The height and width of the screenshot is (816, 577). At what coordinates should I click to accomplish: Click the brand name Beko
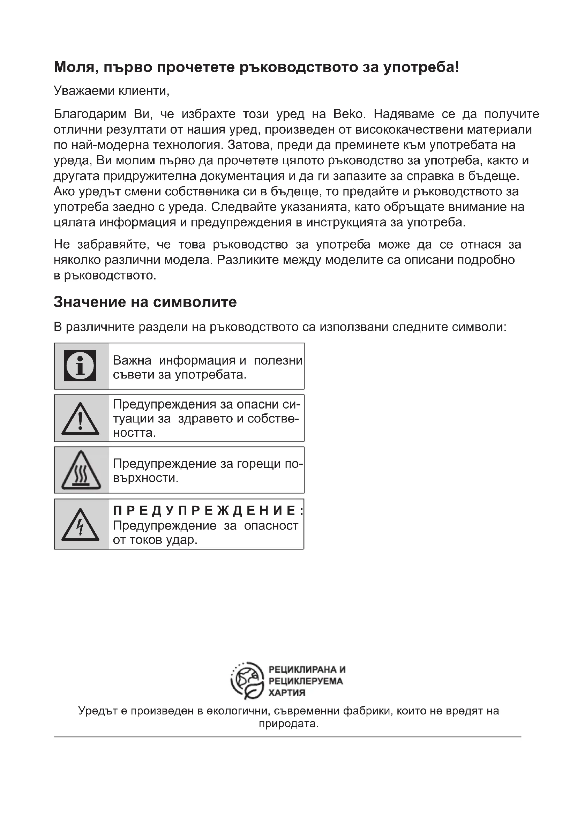[x=349, y=114]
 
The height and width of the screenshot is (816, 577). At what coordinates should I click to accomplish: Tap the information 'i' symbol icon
[x=80, y=366]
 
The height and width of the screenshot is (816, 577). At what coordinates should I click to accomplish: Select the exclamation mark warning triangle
[x=80, y=419]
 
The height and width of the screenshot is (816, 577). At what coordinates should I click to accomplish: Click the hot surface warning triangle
[x=81, y=471]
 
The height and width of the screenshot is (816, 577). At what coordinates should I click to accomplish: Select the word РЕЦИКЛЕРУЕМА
[x=306, y=681]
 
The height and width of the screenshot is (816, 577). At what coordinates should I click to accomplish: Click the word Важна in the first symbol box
[x=132, y=360]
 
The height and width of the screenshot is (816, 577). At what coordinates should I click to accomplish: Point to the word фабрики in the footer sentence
[x=366, y=711]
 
